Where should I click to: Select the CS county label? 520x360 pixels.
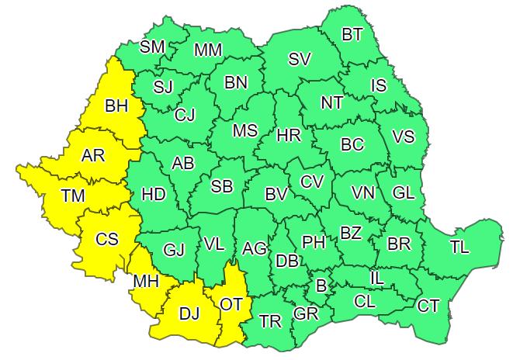pyautogui.click(x=106, y=239)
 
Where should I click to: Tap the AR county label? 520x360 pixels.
pyautogui.click(x=93, y=155)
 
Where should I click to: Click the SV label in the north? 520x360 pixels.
pyautogui.click(x=299, y=60)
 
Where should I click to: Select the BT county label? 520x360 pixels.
pyautogui.click(x=352, y=35)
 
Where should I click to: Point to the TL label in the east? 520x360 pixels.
pyautogui.click(x=459, y=247)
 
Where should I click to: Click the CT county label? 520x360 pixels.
pyautogui.click(x=428, y=306)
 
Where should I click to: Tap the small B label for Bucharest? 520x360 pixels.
pyautogui.click(x=320, y=286)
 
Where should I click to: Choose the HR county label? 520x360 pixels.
pyautogui.click(x=289, y=136)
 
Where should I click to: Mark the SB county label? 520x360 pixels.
pyautogui.click(x=222, y=186)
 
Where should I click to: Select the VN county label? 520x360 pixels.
pyautogui.click(x=363, y=192)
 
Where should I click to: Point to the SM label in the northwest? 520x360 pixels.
pyautogui.click(x=152, y=47)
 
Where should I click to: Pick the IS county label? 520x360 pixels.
pyautogui.click(x=378, y=86)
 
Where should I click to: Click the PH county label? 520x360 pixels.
pyautogui.click(x=313, y=242)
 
